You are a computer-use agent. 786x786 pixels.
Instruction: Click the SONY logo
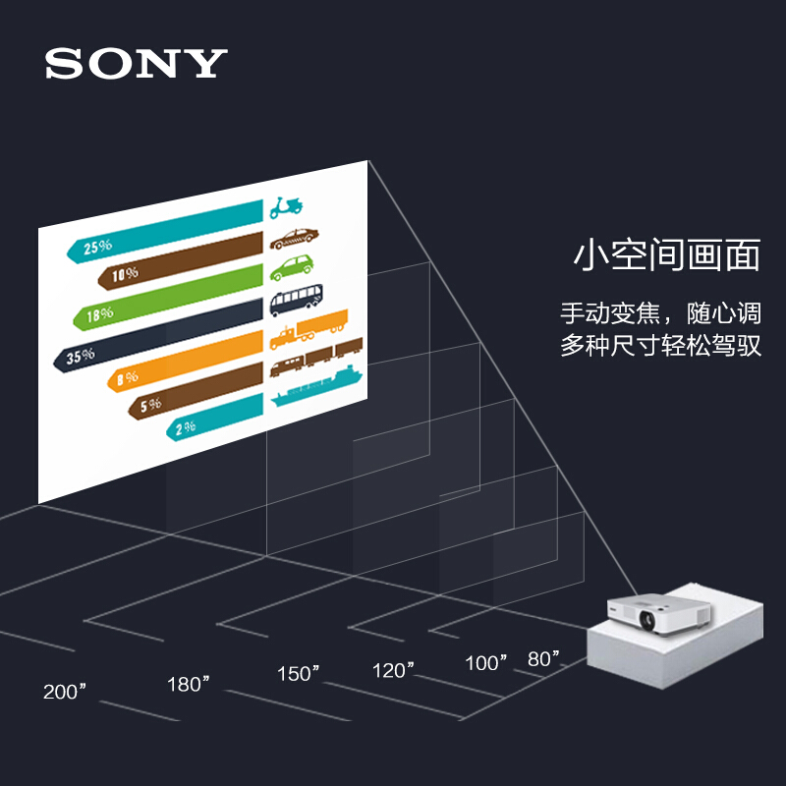[x=137, y=63]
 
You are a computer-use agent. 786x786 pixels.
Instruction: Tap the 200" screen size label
[x=65, y=692]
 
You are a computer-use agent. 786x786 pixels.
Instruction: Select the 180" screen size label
[x=189, y=684]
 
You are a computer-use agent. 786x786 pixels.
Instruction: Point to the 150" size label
[x=299, y=674]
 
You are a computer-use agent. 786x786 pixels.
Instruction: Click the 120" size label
[x=394, y=670]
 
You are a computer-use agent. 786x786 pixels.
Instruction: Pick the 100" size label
[x=486, y=662]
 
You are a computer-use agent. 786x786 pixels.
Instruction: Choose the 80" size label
[x=543, y=658]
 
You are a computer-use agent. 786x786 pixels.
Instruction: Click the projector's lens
[x=646, y=620]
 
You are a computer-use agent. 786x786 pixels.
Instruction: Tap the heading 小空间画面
[x=667, y=255]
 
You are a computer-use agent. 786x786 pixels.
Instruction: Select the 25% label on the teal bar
[x=97, y=247]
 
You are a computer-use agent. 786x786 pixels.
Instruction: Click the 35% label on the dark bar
[x=81, y=356]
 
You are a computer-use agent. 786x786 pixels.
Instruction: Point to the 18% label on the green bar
[x=100, y=314]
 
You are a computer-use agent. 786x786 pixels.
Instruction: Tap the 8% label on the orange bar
[x=128, y=378]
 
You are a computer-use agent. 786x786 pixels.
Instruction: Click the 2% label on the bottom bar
[x=186, y=427]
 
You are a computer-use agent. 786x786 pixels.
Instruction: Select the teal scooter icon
[x=286, y=207]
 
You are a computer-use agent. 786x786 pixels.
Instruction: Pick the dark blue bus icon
[x=297, y=300]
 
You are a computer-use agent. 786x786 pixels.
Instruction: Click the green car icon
[x=292, y=267]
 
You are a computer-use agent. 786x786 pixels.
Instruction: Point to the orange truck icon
[x=309, y=329]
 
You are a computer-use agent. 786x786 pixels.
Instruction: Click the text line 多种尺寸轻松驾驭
[x=660, y=346]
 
